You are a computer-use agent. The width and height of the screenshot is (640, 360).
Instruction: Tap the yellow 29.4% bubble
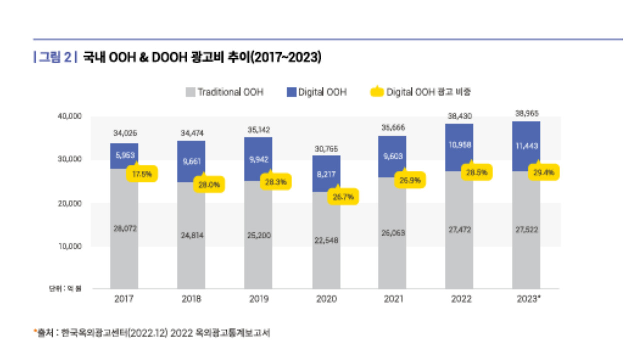pos(544,173)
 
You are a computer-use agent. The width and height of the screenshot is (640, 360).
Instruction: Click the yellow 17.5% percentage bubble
pos(142,174)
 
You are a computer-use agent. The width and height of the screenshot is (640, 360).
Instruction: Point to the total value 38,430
pos(459,116)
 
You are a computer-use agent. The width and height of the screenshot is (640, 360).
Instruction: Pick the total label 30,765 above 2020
pos(326,148)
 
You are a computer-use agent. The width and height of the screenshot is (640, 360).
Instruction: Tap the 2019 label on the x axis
pos(259,300)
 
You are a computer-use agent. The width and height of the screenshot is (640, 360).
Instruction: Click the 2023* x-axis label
pos(528,300)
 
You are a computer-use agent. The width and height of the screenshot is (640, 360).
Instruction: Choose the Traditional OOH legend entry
pos(224,92)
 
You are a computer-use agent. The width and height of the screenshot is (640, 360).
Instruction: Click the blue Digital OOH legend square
pos(292,92)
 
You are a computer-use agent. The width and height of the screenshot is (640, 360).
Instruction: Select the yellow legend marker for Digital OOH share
pos(377,92)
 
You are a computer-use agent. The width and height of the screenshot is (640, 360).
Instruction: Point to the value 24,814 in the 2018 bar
pos(191,235)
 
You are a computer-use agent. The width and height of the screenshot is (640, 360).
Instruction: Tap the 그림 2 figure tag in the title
pos(55,57)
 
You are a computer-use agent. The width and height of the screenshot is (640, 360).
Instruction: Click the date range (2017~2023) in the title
pos(285,57)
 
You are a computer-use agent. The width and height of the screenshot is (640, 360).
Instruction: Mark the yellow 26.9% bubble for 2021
pos(410,180)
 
